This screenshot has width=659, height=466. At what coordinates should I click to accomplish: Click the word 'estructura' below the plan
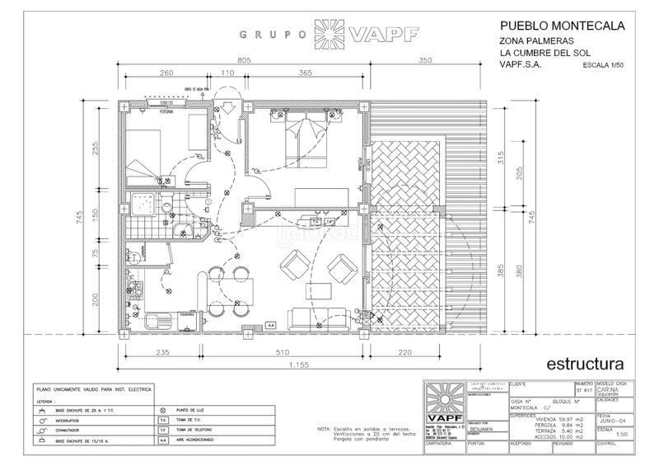(583, 363)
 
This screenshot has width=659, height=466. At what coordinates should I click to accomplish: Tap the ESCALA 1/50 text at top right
(604, 64)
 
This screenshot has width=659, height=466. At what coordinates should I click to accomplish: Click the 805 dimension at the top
(243, 60)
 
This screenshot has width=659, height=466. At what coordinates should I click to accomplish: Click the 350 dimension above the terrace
(427, 60)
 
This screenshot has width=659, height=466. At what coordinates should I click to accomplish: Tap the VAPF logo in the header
(382, 35)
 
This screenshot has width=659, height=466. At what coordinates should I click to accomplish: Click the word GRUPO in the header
(269, 35)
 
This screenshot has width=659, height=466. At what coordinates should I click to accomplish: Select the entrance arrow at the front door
(224, 109)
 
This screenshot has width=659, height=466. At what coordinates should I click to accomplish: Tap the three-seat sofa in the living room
(317, 316)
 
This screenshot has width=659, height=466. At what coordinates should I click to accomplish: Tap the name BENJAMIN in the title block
(483, 431)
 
